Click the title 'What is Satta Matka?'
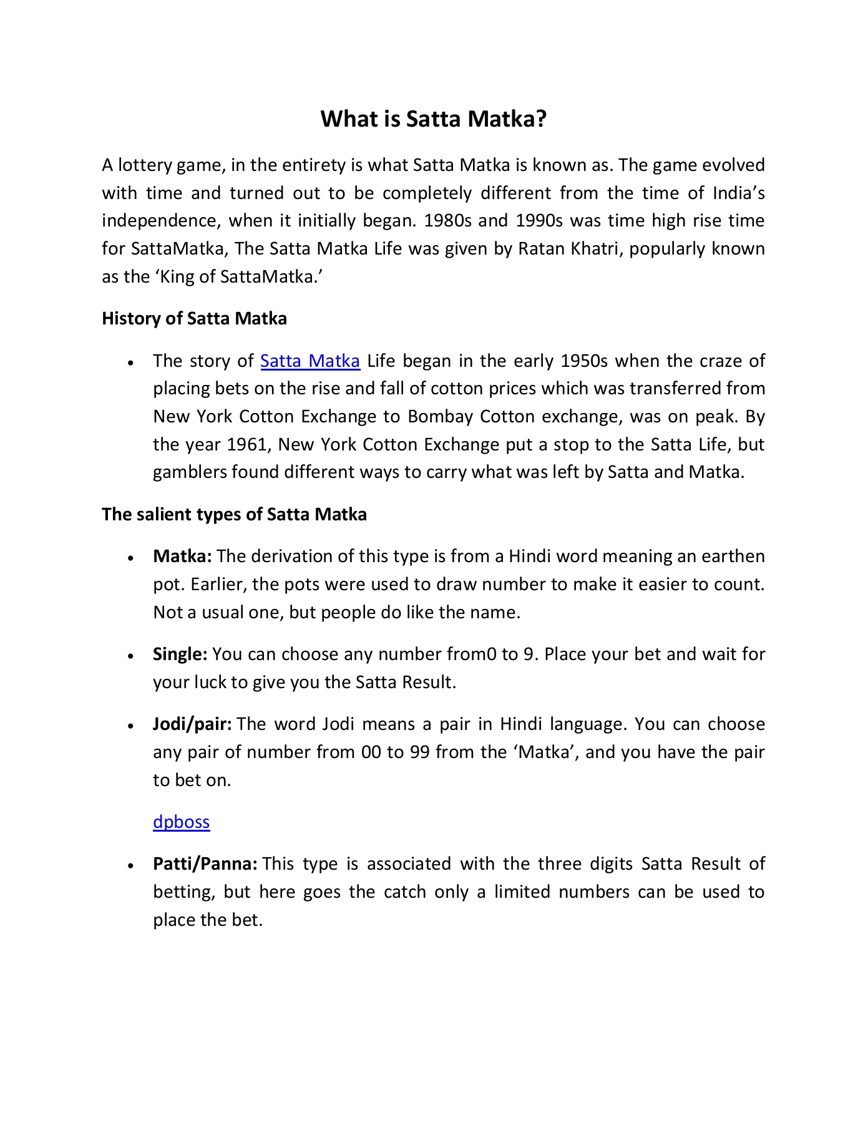(x=433, y=119)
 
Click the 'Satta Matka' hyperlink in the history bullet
(x=310, y=361)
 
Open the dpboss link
(x=181, y=822)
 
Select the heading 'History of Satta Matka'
(x=194, y=318)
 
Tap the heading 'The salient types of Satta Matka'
(x=234, y=514)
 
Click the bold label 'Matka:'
(x=182, y=556)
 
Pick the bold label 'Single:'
(x=180, y=654)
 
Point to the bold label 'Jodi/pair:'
(x=192, y=724)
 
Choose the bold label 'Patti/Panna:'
(x=205, y=863)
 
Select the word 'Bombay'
(x=438, y=416)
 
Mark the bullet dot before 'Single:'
(x=130, y=656)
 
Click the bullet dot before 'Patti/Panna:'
(x=130, y=865)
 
